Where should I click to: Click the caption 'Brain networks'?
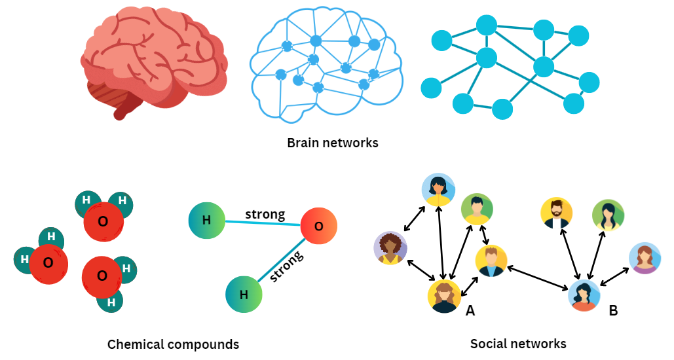333,142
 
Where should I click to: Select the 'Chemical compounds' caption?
173,344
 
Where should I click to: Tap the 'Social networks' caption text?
518,344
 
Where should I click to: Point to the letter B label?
613,311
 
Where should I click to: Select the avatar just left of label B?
584,296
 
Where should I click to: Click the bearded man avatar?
557,214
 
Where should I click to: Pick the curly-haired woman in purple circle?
390,248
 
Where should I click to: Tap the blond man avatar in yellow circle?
491,261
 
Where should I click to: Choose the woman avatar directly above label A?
444,297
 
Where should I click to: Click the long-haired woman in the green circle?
608,215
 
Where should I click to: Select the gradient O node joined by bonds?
318,226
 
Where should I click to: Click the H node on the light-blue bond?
206,220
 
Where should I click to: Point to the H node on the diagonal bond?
244,295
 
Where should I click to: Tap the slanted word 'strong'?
288,265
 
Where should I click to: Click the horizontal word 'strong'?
265,214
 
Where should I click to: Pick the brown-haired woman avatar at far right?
645,258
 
